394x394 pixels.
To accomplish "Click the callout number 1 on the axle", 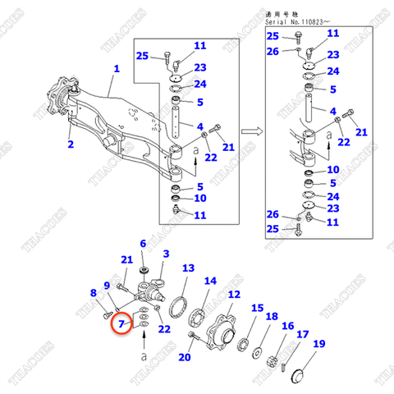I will (x=117, y=70).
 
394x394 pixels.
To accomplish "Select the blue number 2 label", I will (x=71, y=145).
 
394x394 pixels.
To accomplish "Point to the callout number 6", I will (x=142, y=244).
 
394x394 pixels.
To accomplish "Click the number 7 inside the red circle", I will (x=121, y=325).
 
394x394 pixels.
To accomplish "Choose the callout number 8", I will (x=93, y=293).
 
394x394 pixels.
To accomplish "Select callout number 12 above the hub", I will (x=234, y=295).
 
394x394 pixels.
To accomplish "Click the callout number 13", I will (x=188, y=268).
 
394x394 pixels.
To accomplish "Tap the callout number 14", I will (x=211, y=280).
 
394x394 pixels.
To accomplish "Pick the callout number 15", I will (x=258, y=309).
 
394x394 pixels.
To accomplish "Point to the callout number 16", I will (x=287, y=326).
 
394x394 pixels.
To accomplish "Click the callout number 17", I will (x=303, y=334).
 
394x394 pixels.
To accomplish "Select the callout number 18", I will (x=272, y=317).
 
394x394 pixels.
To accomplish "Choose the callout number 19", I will (x=318, y=344).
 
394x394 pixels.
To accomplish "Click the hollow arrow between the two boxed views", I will (x=254, y=130).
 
